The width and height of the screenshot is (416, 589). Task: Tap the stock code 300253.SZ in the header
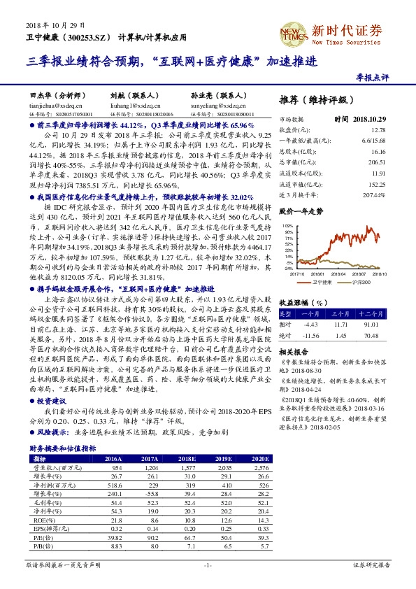pos(89,36)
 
